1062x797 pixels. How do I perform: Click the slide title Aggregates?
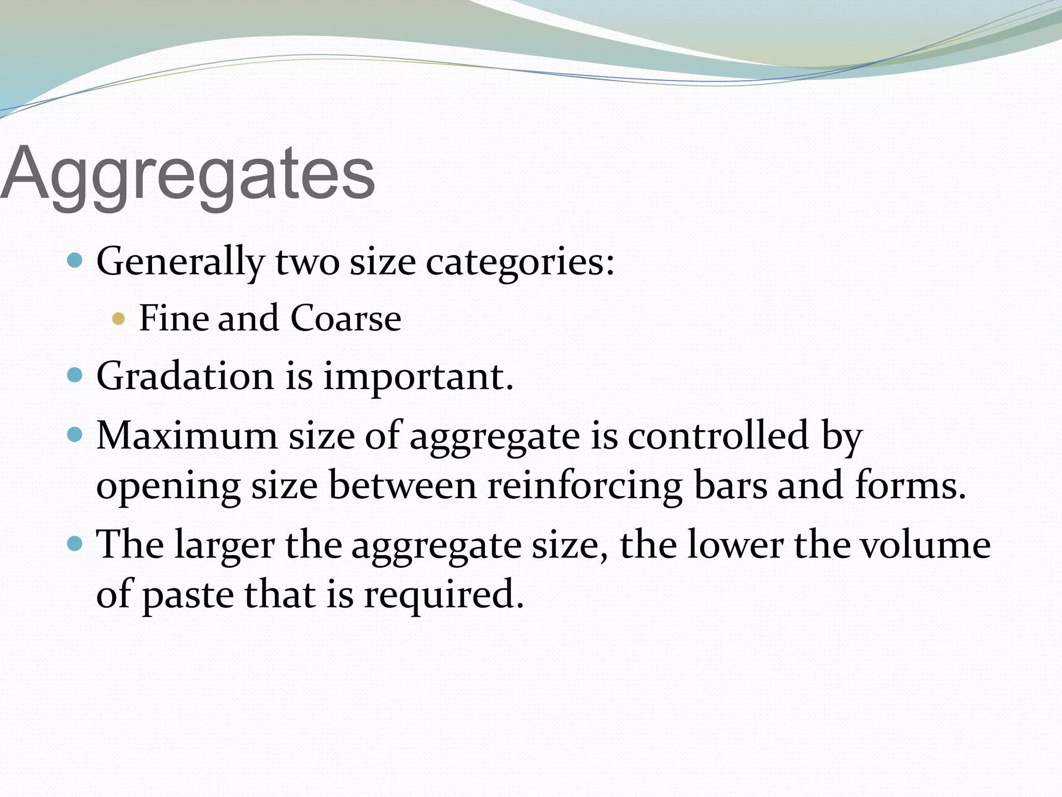coord(188,174)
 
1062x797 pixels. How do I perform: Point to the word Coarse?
coord(345,318)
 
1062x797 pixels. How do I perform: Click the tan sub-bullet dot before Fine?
coord(119,318)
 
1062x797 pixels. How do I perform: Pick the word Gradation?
coord(185,376)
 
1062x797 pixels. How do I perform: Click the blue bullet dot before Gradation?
coord(75,375)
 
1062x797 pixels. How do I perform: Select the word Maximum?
coord(187,435)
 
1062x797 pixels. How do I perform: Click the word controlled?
coord(718,435)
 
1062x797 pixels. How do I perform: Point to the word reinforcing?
coord(584,486)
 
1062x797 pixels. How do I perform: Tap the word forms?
coord(911,486)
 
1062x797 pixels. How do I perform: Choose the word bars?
coord(730,486)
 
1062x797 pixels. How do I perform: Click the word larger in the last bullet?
coord(225,545)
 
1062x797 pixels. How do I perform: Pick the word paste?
coord(188,595)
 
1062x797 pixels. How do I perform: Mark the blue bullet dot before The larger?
coord(75,544)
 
